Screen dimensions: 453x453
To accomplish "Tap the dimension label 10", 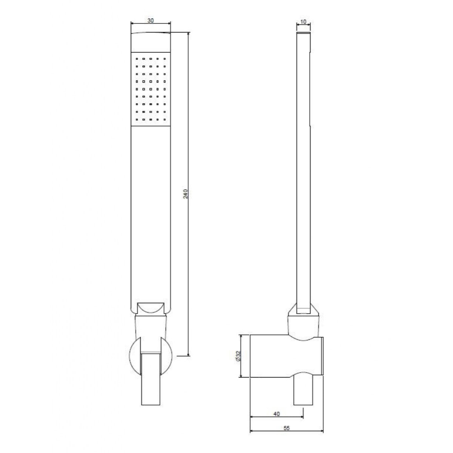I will click(x=303, y=22).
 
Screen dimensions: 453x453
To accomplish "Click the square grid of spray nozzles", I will click(x=150, y=89).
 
